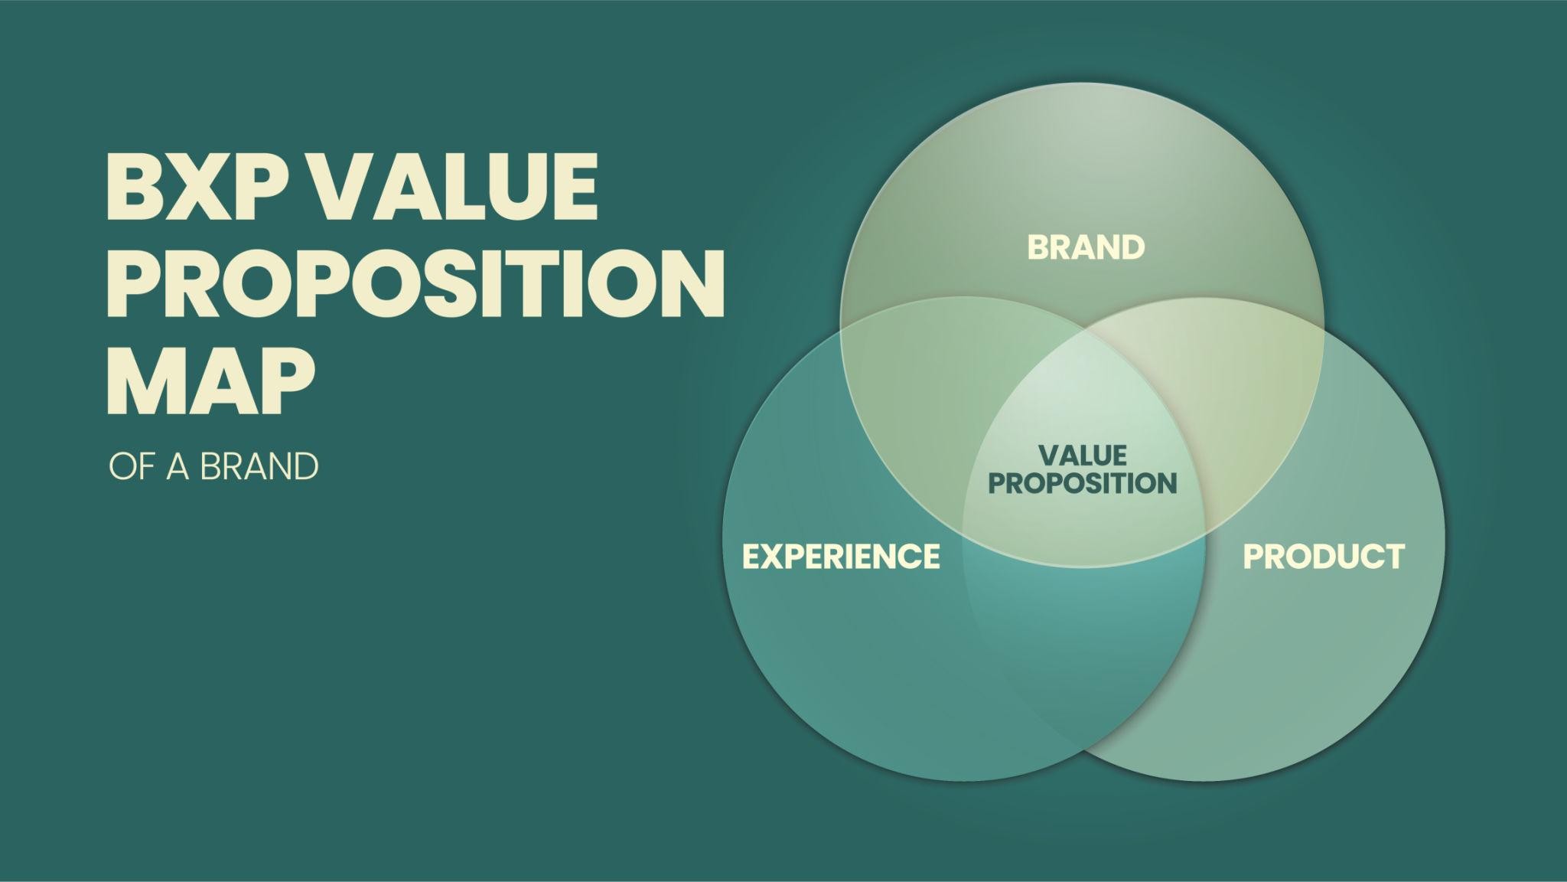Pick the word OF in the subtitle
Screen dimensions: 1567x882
133,466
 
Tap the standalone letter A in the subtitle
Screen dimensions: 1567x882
178,466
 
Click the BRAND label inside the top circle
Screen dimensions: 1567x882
1086,247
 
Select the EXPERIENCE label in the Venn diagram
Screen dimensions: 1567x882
841,556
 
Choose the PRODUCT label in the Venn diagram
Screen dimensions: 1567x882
1324,556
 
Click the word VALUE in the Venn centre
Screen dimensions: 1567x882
1083,456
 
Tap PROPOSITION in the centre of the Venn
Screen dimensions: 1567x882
1083,483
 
